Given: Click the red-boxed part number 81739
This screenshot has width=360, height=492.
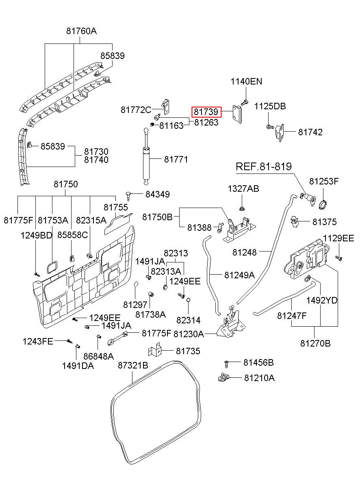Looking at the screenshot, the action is click(206, 112).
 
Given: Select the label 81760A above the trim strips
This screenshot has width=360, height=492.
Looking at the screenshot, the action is click(81, 31).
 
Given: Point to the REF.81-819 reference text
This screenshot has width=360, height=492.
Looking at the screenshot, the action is click(264, 167).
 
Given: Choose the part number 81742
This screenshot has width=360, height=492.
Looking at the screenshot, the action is click(310, 132).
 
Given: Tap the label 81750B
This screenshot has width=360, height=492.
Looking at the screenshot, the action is click(157, 217).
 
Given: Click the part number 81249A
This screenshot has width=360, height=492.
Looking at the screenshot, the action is click(239, 275).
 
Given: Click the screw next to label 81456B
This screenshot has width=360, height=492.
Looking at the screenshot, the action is click(226, 364).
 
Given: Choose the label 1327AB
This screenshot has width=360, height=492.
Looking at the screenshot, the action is click(243, 189).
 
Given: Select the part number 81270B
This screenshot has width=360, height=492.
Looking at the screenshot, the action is click(315, 343).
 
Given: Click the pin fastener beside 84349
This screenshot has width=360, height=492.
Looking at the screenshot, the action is click(129, 195).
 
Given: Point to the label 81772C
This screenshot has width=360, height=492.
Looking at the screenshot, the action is click(136, 110).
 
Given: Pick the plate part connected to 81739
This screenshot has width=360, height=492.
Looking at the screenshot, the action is click(237, 114).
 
